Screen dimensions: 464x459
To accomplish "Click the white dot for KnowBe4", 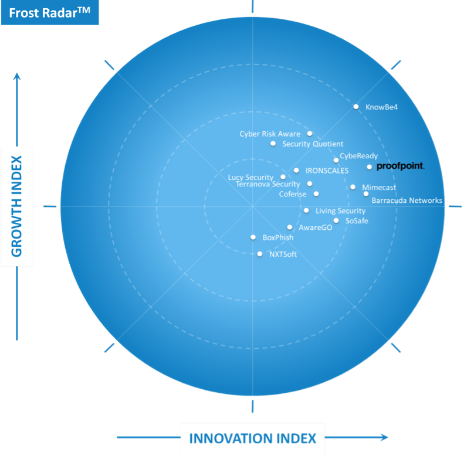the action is tap(356, 107).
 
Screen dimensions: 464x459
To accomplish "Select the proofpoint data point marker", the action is tap(369, 167).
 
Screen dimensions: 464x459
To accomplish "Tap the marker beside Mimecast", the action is tap(353, 187).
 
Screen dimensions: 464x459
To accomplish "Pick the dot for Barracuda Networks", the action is tap(366, 193).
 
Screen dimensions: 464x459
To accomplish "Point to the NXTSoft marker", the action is tap(259, 254).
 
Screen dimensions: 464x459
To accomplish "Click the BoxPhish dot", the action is tap(253, 237).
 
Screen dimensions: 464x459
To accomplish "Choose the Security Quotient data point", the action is tap(273, 144).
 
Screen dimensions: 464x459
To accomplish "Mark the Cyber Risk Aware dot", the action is tap(310, 134).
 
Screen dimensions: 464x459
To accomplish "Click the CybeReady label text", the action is tap(358, 156).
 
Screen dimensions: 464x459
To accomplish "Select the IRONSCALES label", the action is tap(327, 171).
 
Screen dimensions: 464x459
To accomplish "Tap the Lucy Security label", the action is tap(250, 177).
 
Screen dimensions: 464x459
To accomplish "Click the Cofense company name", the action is tap(293, 194).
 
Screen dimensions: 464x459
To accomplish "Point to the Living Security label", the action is tap(340, 211).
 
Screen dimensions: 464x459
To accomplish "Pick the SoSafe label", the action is tap(357, 220).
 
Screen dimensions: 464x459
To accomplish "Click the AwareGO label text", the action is tap(316, 227).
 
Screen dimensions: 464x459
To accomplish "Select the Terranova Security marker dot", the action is tap(310, 183).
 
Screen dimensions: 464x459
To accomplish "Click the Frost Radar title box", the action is tap(50, 12).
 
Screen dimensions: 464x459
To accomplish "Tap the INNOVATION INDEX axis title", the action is tap(252, 438).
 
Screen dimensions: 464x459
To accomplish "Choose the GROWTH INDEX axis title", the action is tap(16, 206).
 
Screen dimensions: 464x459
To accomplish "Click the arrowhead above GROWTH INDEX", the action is tap(17, 76).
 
